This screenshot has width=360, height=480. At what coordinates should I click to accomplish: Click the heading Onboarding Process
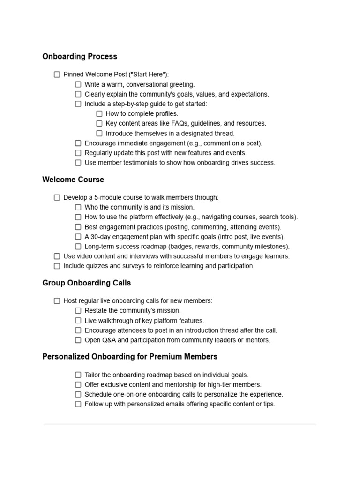[80, 57]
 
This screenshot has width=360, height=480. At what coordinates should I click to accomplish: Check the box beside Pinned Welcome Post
[57, 75]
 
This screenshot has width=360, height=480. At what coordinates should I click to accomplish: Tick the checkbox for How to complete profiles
[99, 114]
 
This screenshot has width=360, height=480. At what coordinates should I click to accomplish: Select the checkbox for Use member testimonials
[78, 163]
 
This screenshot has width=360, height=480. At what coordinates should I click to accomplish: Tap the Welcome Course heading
[73, 180]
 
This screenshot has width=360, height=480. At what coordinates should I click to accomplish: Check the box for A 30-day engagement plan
[78, 237]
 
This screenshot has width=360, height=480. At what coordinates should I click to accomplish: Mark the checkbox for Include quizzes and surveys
[57, 266]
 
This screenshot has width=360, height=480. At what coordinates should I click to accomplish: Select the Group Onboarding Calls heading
[87, 283]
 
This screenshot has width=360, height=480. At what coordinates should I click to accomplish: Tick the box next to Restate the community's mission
[78, 311]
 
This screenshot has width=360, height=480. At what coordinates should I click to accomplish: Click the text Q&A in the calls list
[108, 340]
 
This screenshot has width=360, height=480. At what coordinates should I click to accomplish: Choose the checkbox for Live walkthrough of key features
[78, 321]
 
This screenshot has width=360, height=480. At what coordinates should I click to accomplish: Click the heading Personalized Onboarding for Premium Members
[130, 357]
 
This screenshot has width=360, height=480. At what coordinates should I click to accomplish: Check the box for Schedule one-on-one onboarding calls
[78, 395]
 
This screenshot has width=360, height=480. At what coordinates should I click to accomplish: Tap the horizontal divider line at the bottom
[180, 424]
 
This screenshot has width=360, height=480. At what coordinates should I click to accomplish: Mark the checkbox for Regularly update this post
[78, 153]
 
